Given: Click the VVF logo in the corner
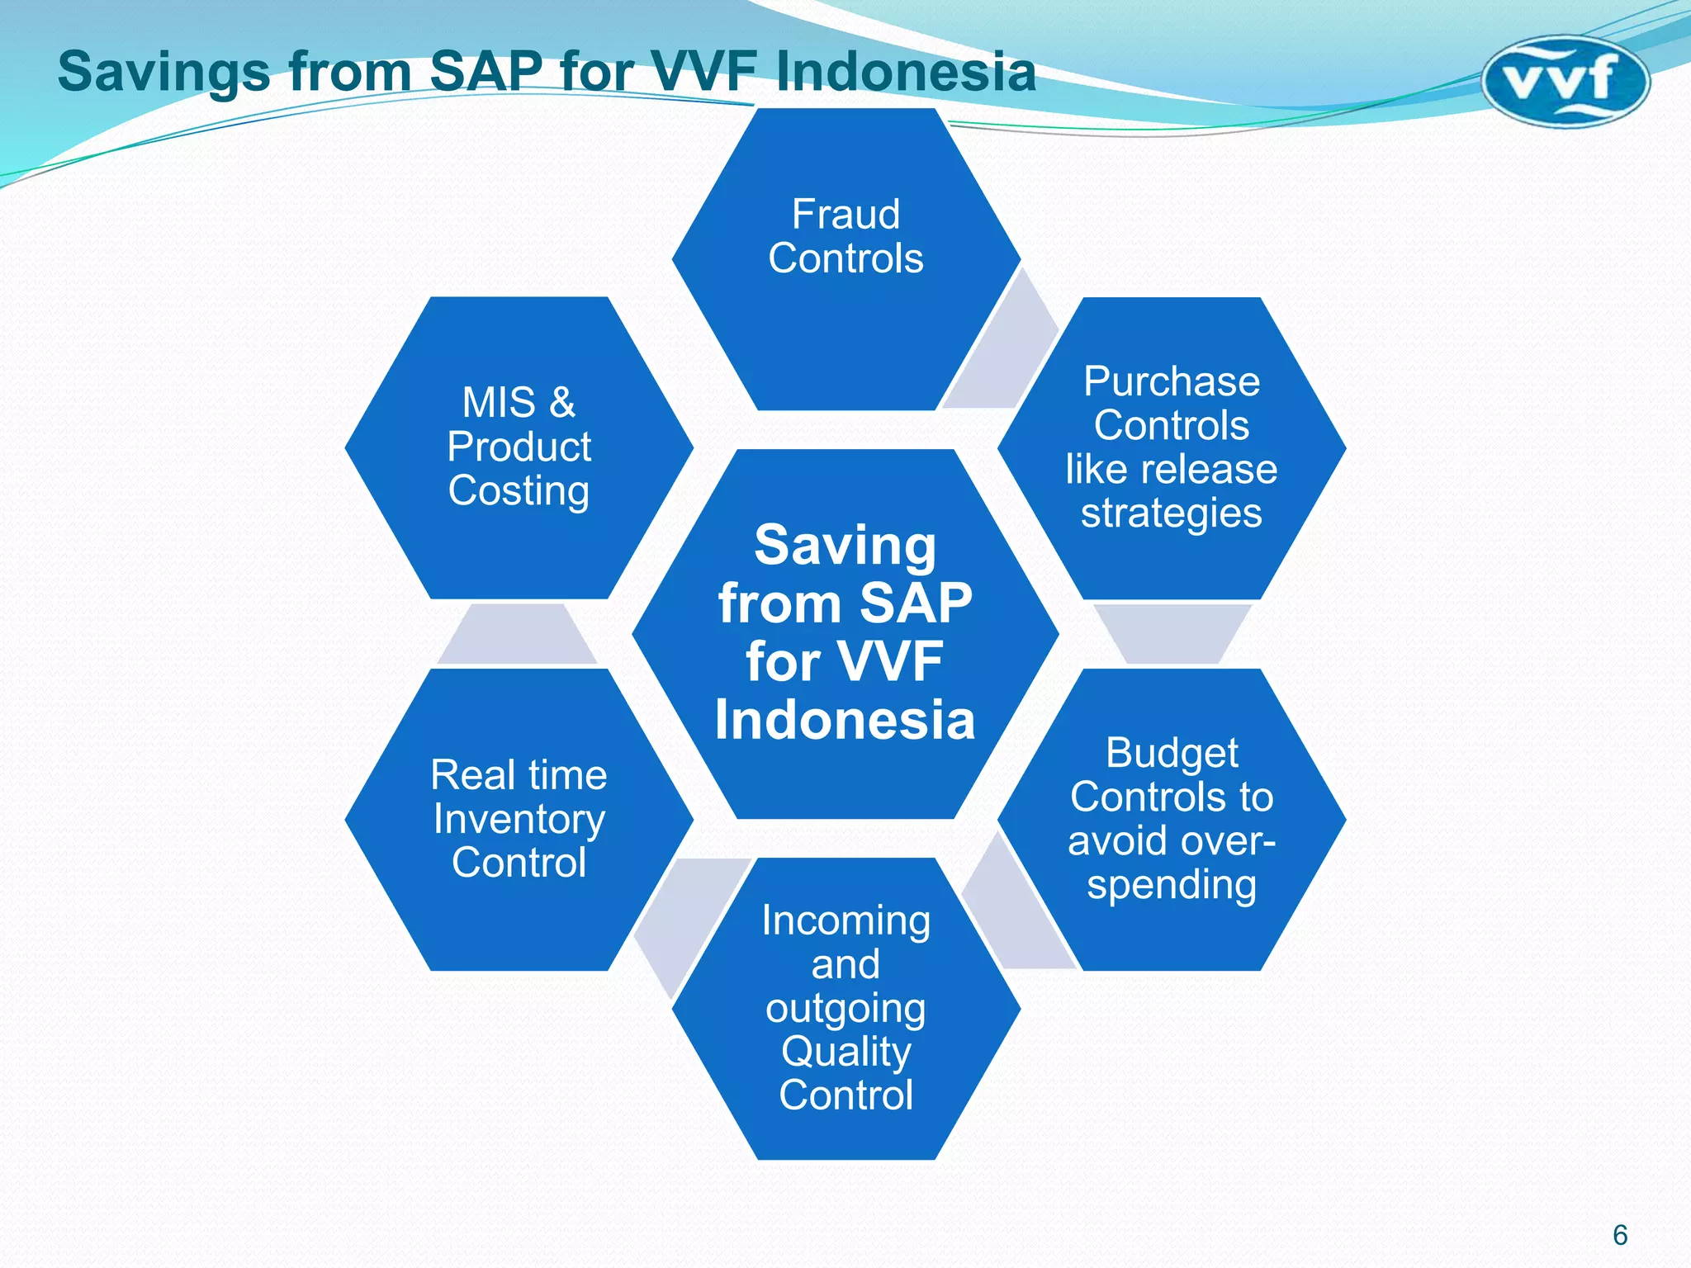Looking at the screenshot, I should pyautogui.click(x=1565, y=81).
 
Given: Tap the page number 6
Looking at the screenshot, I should pyautogui.click(x=1620, y=1235).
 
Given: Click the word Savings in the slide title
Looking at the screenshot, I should pyautogui.click(x=163, y=72).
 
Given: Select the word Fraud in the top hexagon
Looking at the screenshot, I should pyautogui.click(x=845, y=215).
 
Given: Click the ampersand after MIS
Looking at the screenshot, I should pyautogui.click(x=562, y=403).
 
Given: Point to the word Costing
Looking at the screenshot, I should pyautogui.click(x=519, y=491).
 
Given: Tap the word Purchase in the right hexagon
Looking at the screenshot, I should pyautogui.click(x=1171, y=382).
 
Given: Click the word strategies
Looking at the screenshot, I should pyautogui.click(x=1171, y=513).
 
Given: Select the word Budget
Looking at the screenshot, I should pyautogui.click(x=1171, y=754).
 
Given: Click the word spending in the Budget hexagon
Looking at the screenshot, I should pyautogui.click(x=1171, y=885).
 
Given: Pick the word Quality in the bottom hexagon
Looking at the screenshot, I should pyautogui.click(x=845, y=1053).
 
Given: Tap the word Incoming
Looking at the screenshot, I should pyautogui.click(x=845, y=921).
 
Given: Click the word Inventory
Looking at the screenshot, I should pyautogui.click(x=519, y=820).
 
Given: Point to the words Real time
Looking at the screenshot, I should pyautogui.click(x=519, y=775).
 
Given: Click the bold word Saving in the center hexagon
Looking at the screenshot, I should pyautogui.click(x=845, y=546).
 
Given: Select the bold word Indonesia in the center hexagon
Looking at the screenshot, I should pyautogui.click(x=845, y=719).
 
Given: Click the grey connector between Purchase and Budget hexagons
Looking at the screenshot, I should pyautogui.click(x=1171, y=634).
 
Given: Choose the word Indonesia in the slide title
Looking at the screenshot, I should pyautogui.click(x=906, y=72).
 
